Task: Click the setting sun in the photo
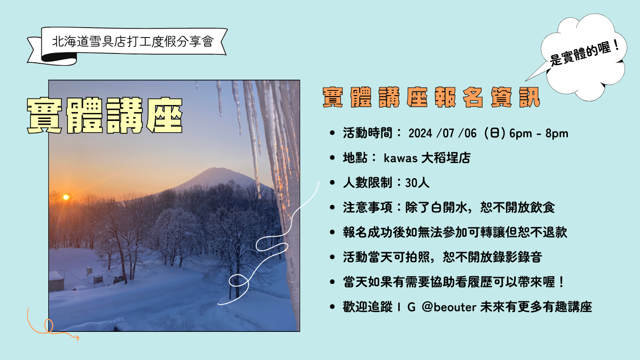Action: click(x=66, y=197)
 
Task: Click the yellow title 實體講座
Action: click(x=104, y=115)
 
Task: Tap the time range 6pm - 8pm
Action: click(x=539, y=134)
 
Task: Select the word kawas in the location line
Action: click(x=401, y=158)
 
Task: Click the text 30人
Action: click(x=417, y=183)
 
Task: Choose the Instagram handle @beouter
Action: click(x=449, y=307)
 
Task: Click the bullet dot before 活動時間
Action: click(x=332, y=134)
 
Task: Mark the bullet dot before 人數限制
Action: click(x=332, y=183)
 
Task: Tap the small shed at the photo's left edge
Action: click(x=56, y=281)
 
